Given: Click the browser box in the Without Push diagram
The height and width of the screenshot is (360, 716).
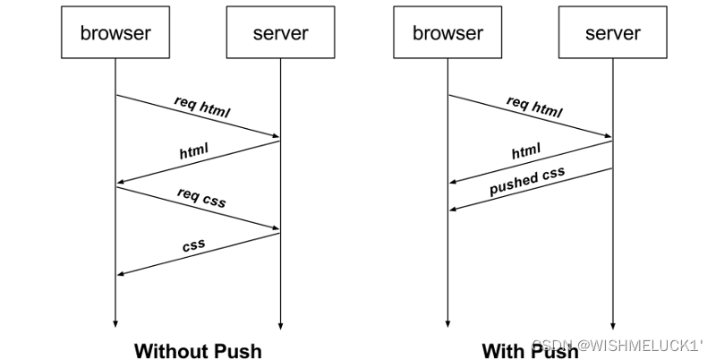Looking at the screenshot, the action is click(x=115, y=32).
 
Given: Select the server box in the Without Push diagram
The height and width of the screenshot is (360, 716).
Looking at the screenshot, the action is click(x=280, y=32).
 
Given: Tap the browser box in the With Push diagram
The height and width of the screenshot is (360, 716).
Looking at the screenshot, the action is click(x=447, y=32).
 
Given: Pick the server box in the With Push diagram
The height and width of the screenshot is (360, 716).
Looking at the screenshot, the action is click(x=613, y=32).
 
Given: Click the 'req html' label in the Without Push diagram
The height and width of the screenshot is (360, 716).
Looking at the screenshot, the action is click(x=202, y=107).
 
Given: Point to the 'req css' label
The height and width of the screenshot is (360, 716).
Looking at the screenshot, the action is click(x=201, y=198).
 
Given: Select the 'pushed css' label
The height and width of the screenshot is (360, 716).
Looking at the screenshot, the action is click(x=527, y=181).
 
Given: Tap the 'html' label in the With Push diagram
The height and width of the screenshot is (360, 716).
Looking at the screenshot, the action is click(x=526, y=150).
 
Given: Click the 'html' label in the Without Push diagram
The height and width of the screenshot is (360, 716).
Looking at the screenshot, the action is click(x=193, y=150).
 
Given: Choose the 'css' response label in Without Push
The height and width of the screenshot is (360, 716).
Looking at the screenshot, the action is click(x=193, y=245).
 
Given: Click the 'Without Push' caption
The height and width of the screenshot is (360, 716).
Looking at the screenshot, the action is click(x=198, y=351).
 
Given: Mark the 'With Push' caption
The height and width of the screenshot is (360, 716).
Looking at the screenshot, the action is click(x=530, y=351).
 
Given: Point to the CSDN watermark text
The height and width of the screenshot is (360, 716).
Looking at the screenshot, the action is click(x=618, y=346).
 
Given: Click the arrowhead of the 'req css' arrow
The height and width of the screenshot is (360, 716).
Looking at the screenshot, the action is click(x=277, y=227).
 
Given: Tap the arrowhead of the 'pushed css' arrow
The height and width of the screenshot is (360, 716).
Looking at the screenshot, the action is click(x=453, y=209).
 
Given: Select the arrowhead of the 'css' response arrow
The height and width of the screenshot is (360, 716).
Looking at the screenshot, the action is click(x=120, y=274).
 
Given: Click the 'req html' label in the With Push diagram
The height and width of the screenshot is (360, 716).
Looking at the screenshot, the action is click(x=534, y=107).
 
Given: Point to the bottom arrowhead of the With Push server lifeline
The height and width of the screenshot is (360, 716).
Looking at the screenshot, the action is click(x=613, y=326).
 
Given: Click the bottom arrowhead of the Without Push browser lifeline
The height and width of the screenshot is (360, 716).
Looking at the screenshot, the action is click(x=115, y=324).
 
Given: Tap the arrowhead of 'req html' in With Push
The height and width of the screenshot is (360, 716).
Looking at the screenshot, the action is click(x=609, y=135).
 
